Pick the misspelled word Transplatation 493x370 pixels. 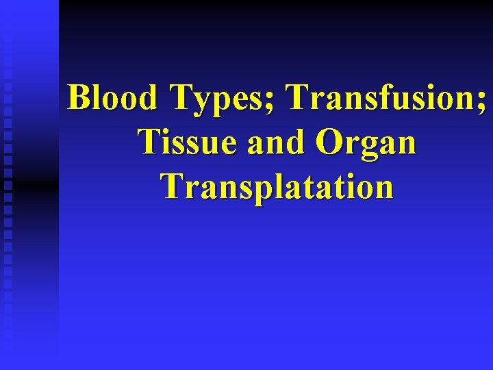pyautogui.click(x=277, y=186)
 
